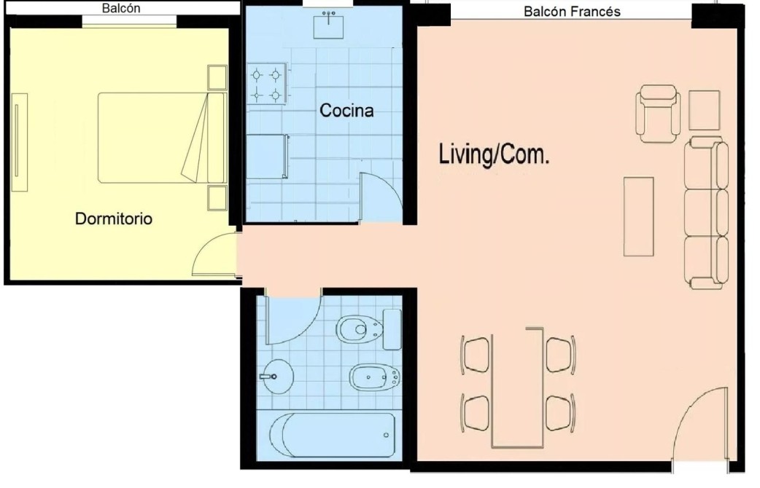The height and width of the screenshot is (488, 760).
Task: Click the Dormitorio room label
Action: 114,219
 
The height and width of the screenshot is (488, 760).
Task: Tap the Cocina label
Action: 346,111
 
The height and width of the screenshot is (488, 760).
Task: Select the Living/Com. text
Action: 494,154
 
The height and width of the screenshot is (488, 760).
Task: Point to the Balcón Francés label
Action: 572,11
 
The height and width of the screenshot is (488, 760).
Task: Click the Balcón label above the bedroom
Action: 120,8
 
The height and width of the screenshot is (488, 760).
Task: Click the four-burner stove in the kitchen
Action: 266,84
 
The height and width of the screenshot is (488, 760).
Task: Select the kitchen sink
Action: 329,25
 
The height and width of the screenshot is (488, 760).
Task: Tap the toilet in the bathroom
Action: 368,329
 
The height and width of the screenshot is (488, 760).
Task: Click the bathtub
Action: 333,435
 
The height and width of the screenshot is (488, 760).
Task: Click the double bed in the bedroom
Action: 163,138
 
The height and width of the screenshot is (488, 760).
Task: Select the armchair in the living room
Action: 658,114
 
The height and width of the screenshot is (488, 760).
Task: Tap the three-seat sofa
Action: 707,213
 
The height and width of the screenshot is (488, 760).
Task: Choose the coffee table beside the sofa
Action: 638,216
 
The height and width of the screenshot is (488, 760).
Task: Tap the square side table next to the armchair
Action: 705,110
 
